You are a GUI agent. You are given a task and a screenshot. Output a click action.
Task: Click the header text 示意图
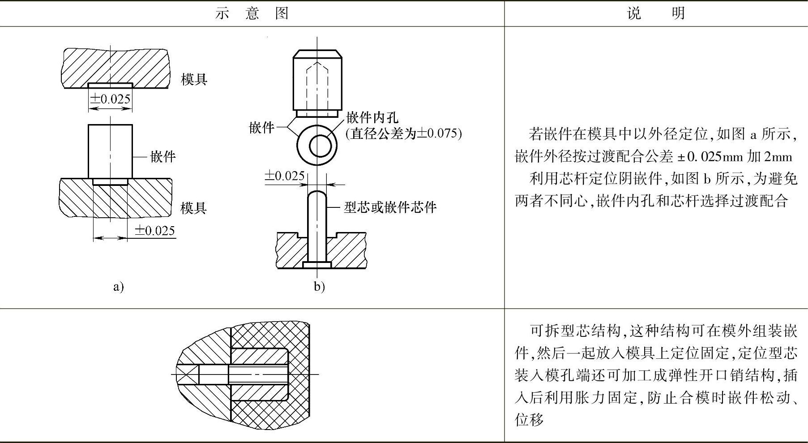252,13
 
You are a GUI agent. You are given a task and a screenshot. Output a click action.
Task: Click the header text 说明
656,13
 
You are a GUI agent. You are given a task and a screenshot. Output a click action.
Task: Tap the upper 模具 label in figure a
194,80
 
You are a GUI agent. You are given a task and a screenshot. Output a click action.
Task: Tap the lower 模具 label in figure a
194,208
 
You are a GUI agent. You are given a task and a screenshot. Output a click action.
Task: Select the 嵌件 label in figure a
163,157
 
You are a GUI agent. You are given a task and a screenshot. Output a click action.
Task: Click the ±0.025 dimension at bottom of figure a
155,231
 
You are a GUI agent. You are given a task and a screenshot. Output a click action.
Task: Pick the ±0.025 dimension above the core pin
285,176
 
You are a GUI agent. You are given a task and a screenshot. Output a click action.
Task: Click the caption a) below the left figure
118,286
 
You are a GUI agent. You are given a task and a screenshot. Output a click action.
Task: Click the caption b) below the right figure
319,286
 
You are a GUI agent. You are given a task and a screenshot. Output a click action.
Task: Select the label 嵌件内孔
372,118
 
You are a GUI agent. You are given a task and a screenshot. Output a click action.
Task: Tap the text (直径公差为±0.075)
404,133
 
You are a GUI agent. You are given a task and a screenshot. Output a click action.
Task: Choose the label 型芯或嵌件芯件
390,207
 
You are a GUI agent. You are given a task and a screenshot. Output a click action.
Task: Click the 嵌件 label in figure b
261,128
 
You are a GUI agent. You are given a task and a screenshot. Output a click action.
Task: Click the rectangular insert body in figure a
110,151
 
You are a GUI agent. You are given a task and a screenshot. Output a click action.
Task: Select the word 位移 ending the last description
529,420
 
